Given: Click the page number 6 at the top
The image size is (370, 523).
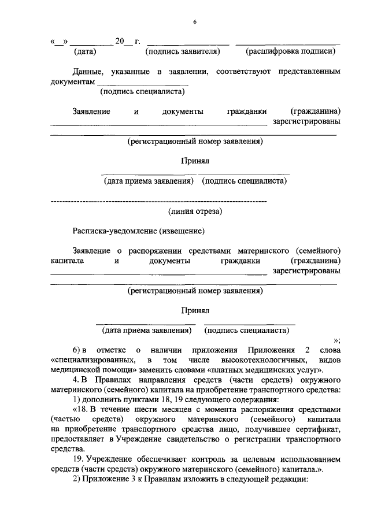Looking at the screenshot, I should point(195,21).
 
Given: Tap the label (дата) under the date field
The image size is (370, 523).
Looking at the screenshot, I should point(85,51).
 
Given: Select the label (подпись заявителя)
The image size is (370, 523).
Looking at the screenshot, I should point(184,51).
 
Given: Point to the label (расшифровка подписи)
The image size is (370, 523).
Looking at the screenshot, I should point(291,51).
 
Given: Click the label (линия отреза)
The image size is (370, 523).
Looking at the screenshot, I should point(195,212).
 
